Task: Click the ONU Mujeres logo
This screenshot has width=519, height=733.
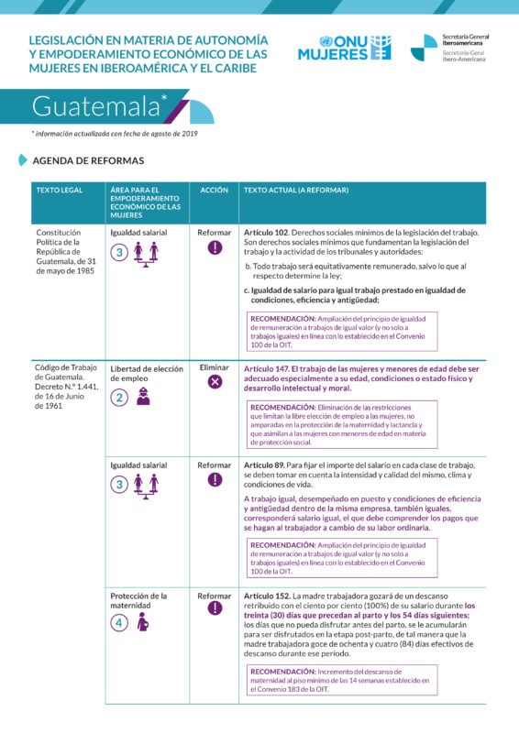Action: [345, 47]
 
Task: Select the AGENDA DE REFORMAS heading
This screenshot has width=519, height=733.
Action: [88, 160]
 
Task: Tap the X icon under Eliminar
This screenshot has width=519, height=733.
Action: [215, 382]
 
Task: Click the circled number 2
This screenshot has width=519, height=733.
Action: [119, 397]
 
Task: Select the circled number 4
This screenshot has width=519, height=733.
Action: [119, 623]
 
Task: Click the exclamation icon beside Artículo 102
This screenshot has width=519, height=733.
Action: [215, 247]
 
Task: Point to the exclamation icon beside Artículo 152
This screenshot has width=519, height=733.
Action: [215, 607]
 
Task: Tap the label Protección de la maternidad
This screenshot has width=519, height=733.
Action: [138, 601]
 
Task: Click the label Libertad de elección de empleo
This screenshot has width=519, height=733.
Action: [147, 373]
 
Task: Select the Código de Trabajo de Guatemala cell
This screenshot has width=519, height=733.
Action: [64, 386]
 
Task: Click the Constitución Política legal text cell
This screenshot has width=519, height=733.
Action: [65, 251]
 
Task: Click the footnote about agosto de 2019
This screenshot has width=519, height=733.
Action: [115, 134]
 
